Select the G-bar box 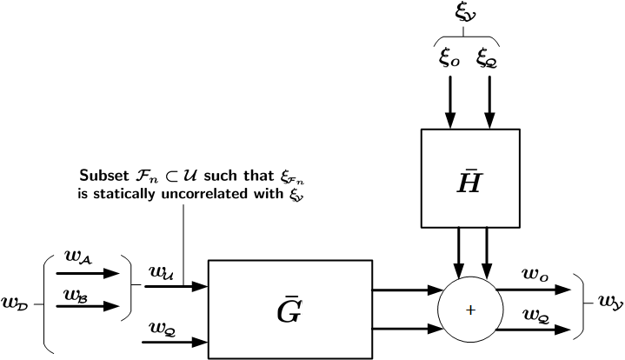(289, 308)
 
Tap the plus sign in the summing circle (470, 310)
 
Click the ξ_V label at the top (464, 13)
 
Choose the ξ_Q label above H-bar (487, 58)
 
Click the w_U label (161, 272)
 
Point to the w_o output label (534, 274)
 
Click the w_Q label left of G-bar (161, 328)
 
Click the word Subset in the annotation (103, 174)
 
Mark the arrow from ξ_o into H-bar (450, 103)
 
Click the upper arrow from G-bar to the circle (404, 290)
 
